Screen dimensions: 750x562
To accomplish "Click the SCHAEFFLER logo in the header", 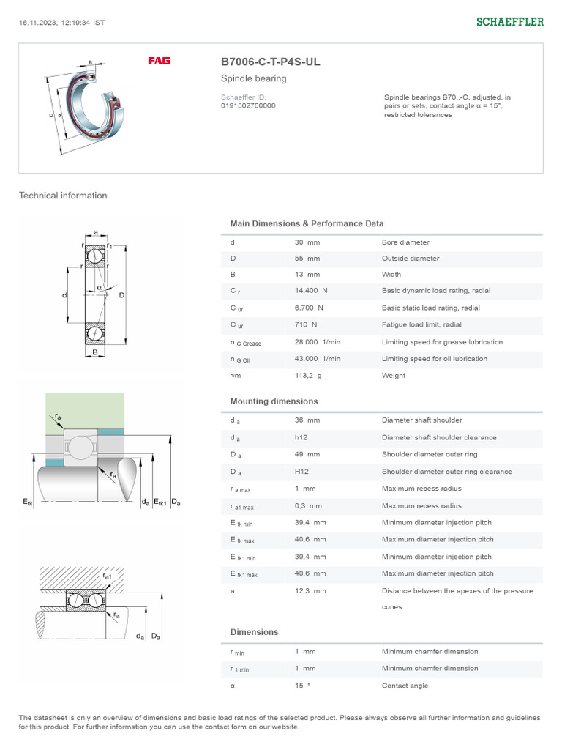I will click(510, 22).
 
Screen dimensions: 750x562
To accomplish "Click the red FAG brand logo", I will click(159, 61).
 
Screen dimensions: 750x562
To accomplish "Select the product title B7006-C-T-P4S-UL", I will click(270, 62).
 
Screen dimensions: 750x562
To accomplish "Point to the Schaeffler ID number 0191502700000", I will click(248, 105).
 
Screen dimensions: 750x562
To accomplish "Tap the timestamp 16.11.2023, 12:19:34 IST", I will click(61, 22).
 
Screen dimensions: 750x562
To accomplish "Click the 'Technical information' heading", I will click(63, 196).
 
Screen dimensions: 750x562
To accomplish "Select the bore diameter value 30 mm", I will click(307, 242).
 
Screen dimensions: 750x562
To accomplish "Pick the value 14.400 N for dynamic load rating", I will click(310, 291).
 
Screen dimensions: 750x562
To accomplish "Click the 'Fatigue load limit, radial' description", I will click(426, 324).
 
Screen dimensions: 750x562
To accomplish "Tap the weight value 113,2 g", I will click(308, 376).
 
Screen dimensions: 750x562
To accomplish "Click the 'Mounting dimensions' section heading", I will click(274, 401).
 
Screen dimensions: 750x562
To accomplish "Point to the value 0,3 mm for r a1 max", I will click(307, 506).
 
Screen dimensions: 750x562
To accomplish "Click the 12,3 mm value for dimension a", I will click(310, 590).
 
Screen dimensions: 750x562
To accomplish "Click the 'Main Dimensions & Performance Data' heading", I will click(307, 223).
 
